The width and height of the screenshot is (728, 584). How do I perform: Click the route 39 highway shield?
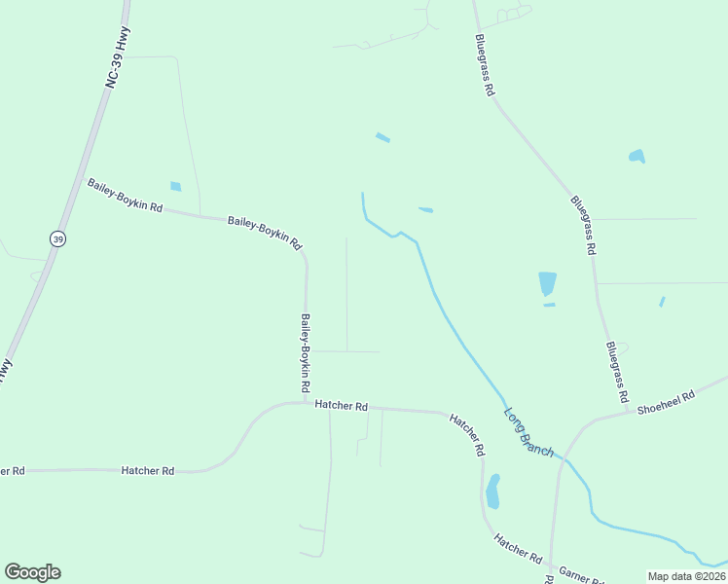[x=58, y=238]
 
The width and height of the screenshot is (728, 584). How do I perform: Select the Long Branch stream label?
[x=528, y=431]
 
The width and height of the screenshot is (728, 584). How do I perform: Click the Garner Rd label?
[x=580, y=575]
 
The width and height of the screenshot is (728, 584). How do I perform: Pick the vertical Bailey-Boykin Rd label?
[x=306, y=346]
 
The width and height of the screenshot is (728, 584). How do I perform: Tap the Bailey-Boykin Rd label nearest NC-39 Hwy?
[x=125, y=197]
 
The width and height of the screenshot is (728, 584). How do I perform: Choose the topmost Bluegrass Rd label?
[x=486, y=65]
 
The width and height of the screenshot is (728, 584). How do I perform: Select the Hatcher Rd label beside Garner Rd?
[x=517, y=548]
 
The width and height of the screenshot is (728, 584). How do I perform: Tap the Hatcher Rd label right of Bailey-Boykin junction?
[x=342, y=406]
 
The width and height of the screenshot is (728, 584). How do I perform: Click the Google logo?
[x=32, y=572]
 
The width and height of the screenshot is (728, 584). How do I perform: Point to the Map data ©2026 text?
[x=686, y=576]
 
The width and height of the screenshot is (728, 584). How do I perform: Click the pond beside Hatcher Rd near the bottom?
[x=492, y=492]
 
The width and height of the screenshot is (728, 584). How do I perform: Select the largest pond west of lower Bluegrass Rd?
[x=547, y=284]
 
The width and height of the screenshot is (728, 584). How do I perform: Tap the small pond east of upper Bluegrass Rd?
[x=637, y=156]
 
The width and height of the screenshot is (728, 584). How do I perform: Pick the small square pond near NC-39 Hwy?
[x=175, y=186]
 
